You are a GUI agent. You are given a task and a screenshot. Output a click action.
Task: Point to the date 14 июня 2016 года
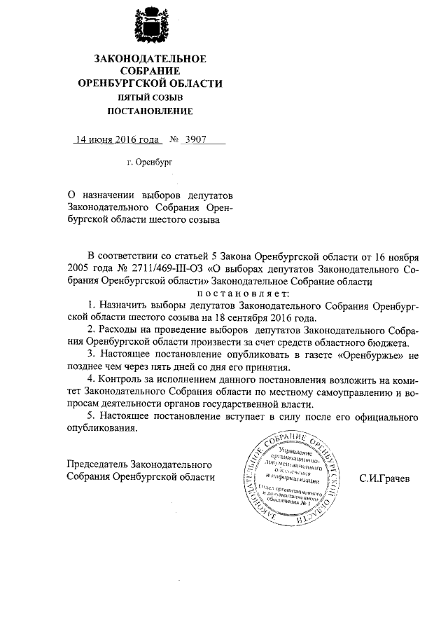tap(115, 139)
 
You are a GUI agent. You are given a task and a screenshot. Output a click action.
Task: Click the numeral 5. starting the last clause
tap(91, 417)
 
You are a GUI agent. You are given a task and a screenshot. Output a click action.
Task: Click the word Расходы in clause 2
tap(119, 330)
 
